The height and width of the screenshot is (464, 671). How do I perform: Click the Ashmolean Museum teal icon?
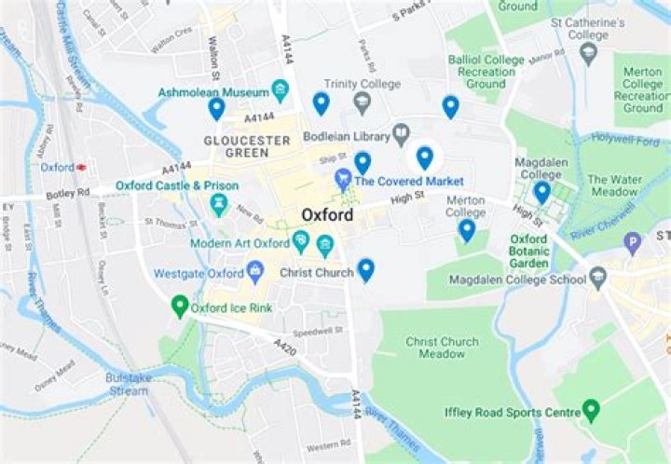[280, 90]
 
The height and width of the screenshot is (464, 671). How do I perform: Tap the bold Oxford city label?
[327, 215]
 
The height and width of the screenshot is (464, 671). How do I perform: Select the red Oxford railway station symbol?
[81, 167]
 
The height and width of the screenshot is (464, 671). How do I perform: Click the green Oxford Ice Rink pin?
[180, 306]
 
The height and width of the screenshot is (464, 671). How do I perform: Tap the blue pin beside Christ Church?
[366, 270]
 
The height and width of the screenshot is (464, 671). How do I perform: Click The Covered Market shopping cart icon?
[343, 180]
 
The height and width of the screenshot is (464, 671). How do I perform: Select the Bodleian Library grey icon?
[402, 136]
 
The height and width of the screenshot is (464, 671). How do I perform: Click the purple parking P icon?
[633, 244]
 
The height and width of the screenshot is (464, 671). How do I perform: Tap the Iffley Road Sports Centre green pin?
[590, 409]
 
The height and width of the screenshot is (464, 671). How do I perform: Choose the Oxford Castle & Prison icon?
[220, 203]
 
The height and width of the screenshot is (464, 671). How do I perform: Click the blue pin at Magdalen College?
[541, 192]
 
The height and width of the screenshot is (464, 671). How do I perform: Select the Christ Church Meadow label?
[442, 348]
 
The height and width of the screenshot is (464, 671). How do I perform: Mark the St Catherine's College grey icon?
[588, 53]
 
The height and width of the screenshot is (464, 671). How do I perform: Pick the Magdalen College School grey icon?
[597, 279]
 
